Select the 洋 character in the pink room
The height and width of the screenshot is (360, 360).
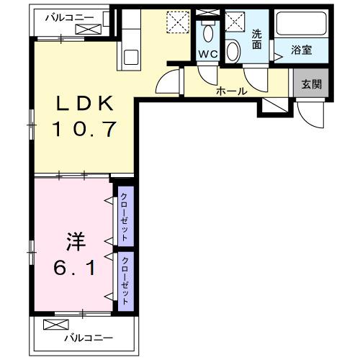coord(71,240)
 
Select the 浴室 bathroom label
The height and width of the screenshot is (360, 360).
coord(301,50)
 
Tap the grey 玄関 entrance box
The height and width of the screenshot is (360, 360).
coord(311,84)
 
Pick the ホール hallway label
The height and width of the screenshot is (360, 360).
coord(231,91)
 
